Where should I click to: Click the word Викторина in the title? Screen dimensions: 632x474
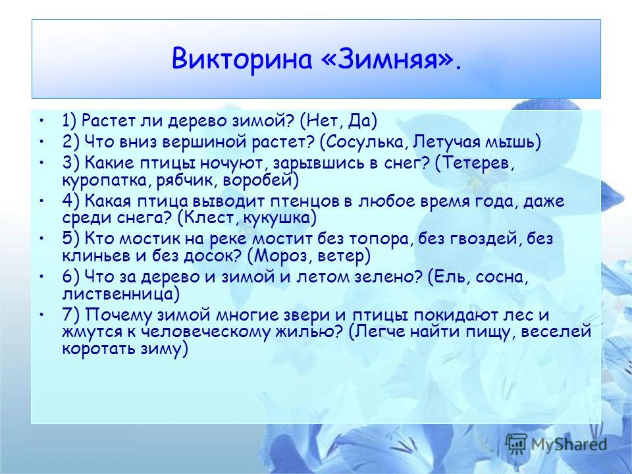[x=242, y=59]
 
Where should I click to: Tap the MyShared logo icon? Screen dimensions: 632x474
[x=516, y=444]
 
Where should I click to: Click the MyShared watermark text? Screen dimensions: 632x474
[x=569, y=444]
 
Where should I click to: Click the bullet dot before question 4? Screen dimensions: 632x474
[x=41, y=200]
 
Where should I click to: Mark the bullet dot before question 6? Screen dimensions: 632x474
[x=41, y=276]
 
